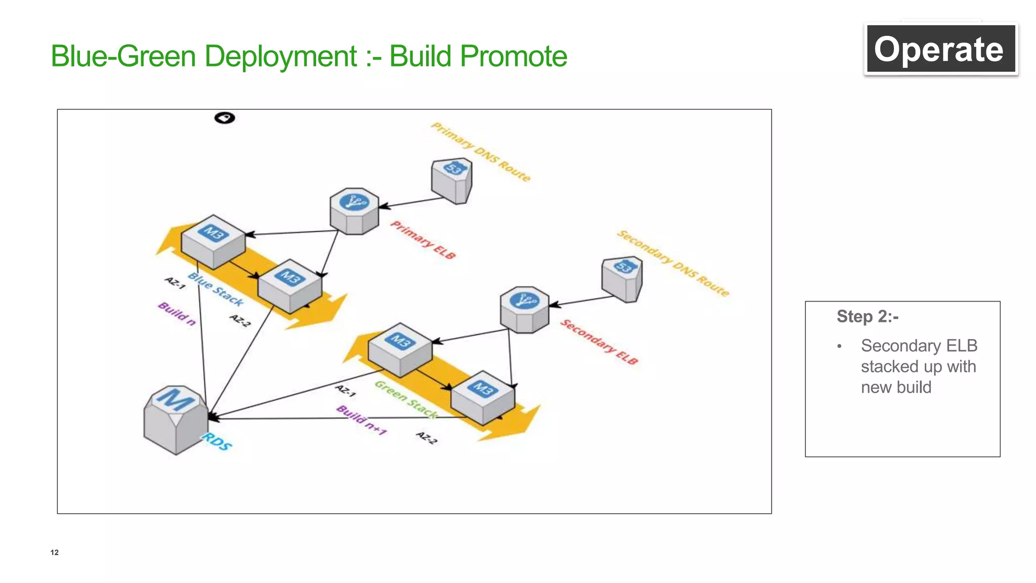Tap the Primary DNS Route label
click(x=481, y=152)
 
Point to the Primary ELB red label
click(x=423, y=240)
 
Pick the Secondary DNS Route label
click(x=673, y=263)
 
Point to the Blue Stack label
click(x=215, y=289)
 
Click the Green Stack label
click(x=406, y=399)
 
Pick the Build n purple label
click(x=177, y=314)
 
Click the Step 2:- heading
click(x=867, y=317)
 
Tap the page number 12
click(x=55, y=552)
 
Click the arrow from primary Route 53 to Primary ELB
click(x=412, y=202)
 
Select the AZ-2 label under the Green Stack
click(x=426, y=438)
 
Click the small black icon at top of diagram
click(x=225, y=118)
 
